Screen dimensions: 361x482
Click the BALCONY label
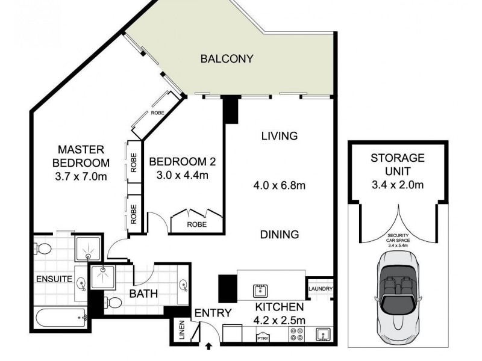tap(227, 59)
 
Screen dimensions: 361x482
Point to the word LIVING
tap(279, 136)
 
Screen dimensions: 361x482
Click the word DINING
tap(279, 234)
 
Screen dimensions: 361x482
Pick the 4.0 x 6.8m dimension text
tap(279, 185)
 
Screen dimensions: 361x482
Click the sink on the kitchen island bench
tap(260, 291)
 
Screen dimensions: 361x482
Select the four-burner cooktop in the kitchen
tap(297, 335)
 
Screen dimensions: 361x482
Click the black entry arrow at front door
tap(210, 346)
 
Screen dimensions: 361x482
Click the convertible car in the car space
tap(397, 289)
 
